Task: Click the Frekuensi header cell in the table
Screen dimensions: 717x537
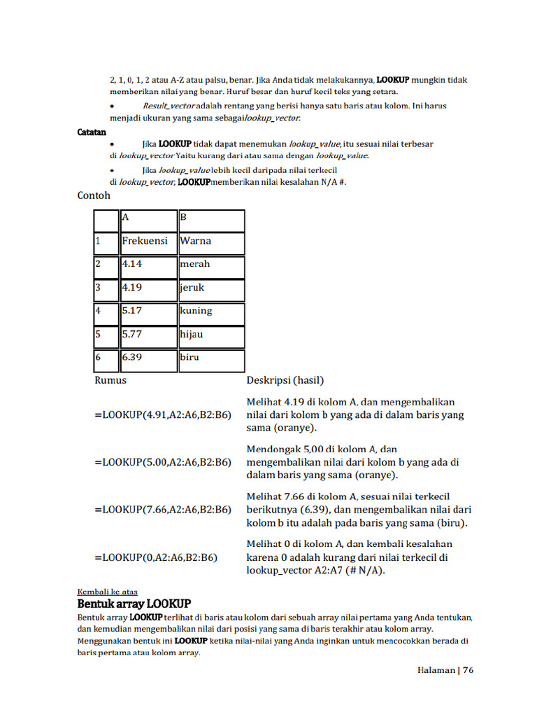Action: point(147,242)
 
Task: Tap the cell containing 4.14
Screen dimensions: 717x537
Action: point(147,265)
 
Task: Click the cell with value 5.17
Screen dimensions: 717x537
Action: point(147,312)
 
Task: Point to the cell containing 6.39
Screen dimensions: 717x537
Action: point(147,358)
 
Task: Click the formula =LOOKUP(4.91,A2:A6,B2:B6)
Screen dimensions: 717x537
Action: point(162,415)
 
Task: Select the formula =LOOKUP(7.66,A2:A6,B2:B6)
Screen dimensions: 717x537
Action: point(162,510)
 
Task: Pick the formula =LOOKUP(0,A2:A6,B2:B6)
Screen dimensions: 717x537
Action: point(155,557)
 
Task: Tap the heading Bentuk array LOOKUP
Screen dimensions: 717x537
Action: point(134,604)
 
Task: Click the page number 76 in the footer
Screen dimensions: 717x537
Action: point(468,670)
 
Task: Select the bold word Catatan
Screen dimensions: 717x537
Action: point(92,132)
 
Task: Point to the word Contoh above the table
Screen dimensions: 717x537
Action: point(94,196)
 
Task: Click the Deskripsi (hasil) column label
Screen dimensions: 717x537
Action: point(285,381)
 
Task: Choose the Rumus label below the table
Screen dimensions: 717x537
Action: point(110,381)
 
